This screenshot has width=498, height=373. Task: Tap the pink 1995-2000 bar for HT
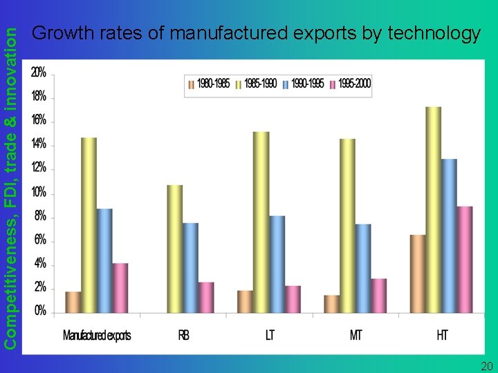(x=465, y=259)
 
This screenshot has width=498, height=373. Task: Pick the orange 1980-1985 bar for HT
(x=418, y=274)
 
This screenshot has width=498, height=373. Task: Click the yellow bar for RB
(x=175, y=249)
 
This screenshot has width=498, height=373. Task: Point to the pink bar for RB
(x=206, y=297)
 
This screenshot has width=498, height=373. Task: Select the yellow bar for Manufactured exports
(x=89, y=225)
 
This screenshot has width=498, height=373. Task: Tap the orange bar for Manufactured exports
(x=73, y=302)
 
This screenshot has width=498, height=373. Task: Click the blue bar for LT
(x=277, y=264)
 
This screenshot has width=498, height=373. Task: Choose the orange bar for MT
(x=332, y=304)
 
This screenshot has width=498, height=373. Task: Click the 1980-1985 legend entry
(x=209, y=84)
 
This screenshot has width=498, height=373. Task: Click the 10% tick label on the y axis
(x=39, y=191)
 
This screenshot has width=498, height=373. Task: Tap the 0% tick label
(x=40, y=311)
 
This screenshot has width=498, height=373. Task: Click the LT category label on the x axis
(x=270, y=336)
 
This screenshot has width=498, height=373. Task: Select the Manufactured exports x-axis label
(x=97, y=336)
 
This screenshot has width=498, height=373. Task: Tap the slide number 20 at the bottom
(x=486, y=365)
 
